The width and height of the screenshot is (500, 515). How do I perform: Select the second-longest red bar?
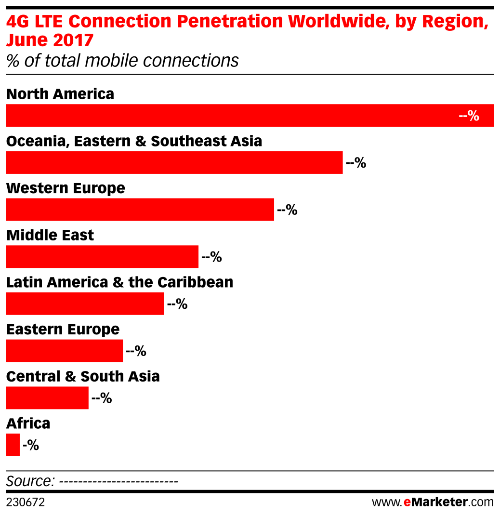(174, 162)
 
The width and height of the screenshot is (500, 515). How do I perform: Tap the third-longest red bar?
(140, 210)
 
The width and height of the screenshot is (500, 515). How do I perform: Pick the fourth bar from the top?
(102, 257)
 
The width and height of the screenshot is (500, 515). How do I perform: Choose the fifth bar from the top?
(85, 304)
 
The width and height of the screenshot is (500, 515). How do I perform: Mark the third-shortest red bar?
(64, 351)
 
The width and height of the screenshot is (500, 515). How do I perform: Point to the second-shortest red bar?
(47, 398)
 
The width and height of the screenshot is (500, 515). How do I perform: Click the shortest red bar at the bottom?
(13, 445)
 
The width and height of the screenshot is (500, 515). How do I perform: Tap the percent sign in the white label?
(474, 116)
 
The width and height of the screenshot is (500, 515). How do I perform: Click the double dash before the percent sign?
(463, 116)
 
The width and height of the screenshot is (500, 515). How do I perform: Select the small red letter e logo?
(407, 502)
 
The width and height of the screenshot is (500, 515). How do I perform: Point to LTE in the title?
(48, 22)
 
